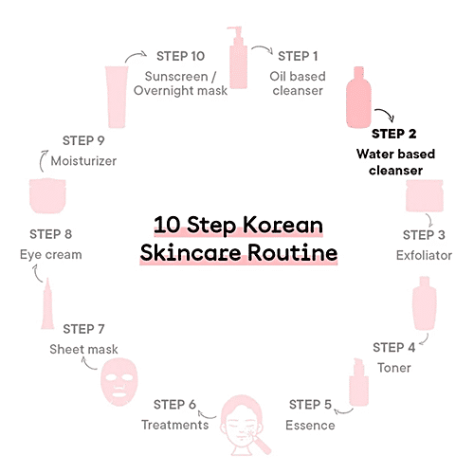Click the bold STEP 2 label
pyautogui.click(x=393, y=134)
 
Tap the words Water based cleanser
pyautogui.click(x=395, y=162)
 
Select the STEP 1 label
pyautogui.click(x=298, y=56)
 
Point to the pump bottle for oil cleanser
pyautogui.click(x=238, y=58)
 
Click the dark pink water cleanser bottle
pyautogui.click(x=358, y=98)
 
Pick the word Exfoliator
pyautogui.click(x=424, y=255)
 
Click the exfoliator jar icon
pyautogui.click(x=425, y=195)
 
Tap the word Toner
pyautogui.click(x=394, y=368)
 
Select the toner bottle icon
pyautogui.click(x=425, y=303)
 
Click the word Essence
pyautogui.click(x=310, y=425)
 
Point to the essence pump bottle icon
pyautogui.click(x=359, y=382)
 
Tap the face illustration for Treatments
pyautogui.click(x=244, y=425)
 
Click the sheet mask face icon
pyautogui.click(x=119, y=382)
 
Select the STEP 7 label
pyautogui.click(x=83, y=329)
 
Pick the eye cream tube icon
pyautogui.click(x=47, y=303)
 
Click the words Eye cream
pyautogui.click(x=51, y=255)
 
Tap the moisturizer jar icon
pyautogui.click(x=47, y=196)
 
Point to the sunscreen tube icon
pyautogui.click(x=117, y=97)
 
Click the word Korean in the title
pyautogui.click(x=283, y=225)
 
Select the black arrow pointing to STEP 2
pyautogui.click(x=387, y=113)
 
